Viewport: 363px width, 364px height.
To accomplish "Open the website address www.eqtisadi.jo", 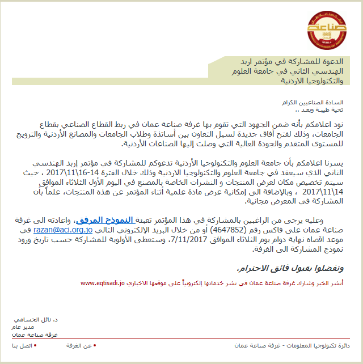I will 102,282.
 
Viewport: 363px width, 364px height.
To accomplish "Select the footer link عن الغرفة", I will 79,346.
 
